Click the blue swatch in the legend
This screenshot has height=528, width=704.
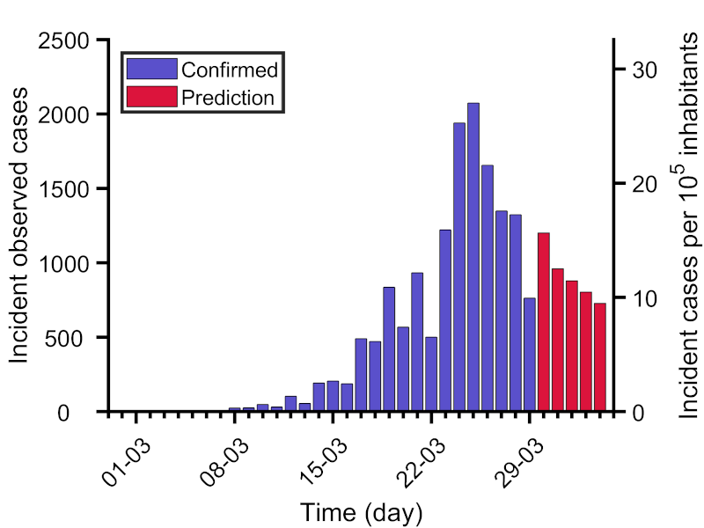point(151,70)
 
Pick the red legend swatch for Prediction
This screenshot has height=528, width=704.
point(151,97)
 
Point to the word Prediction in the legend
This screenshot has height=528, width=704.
point(228,97)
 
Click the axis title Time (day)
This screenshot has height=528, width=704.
point(362,511)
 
